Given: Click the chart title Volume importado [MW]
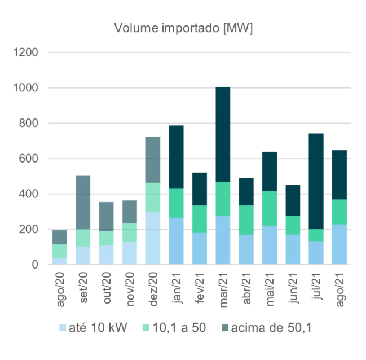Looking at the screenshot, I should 183,28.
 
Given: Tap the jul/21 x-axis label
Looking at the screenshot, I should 317,289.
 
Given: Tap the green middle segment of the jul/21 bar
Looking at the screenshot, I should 316,235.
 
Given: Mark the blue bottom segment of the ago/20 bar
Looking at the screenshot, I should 60,261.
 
